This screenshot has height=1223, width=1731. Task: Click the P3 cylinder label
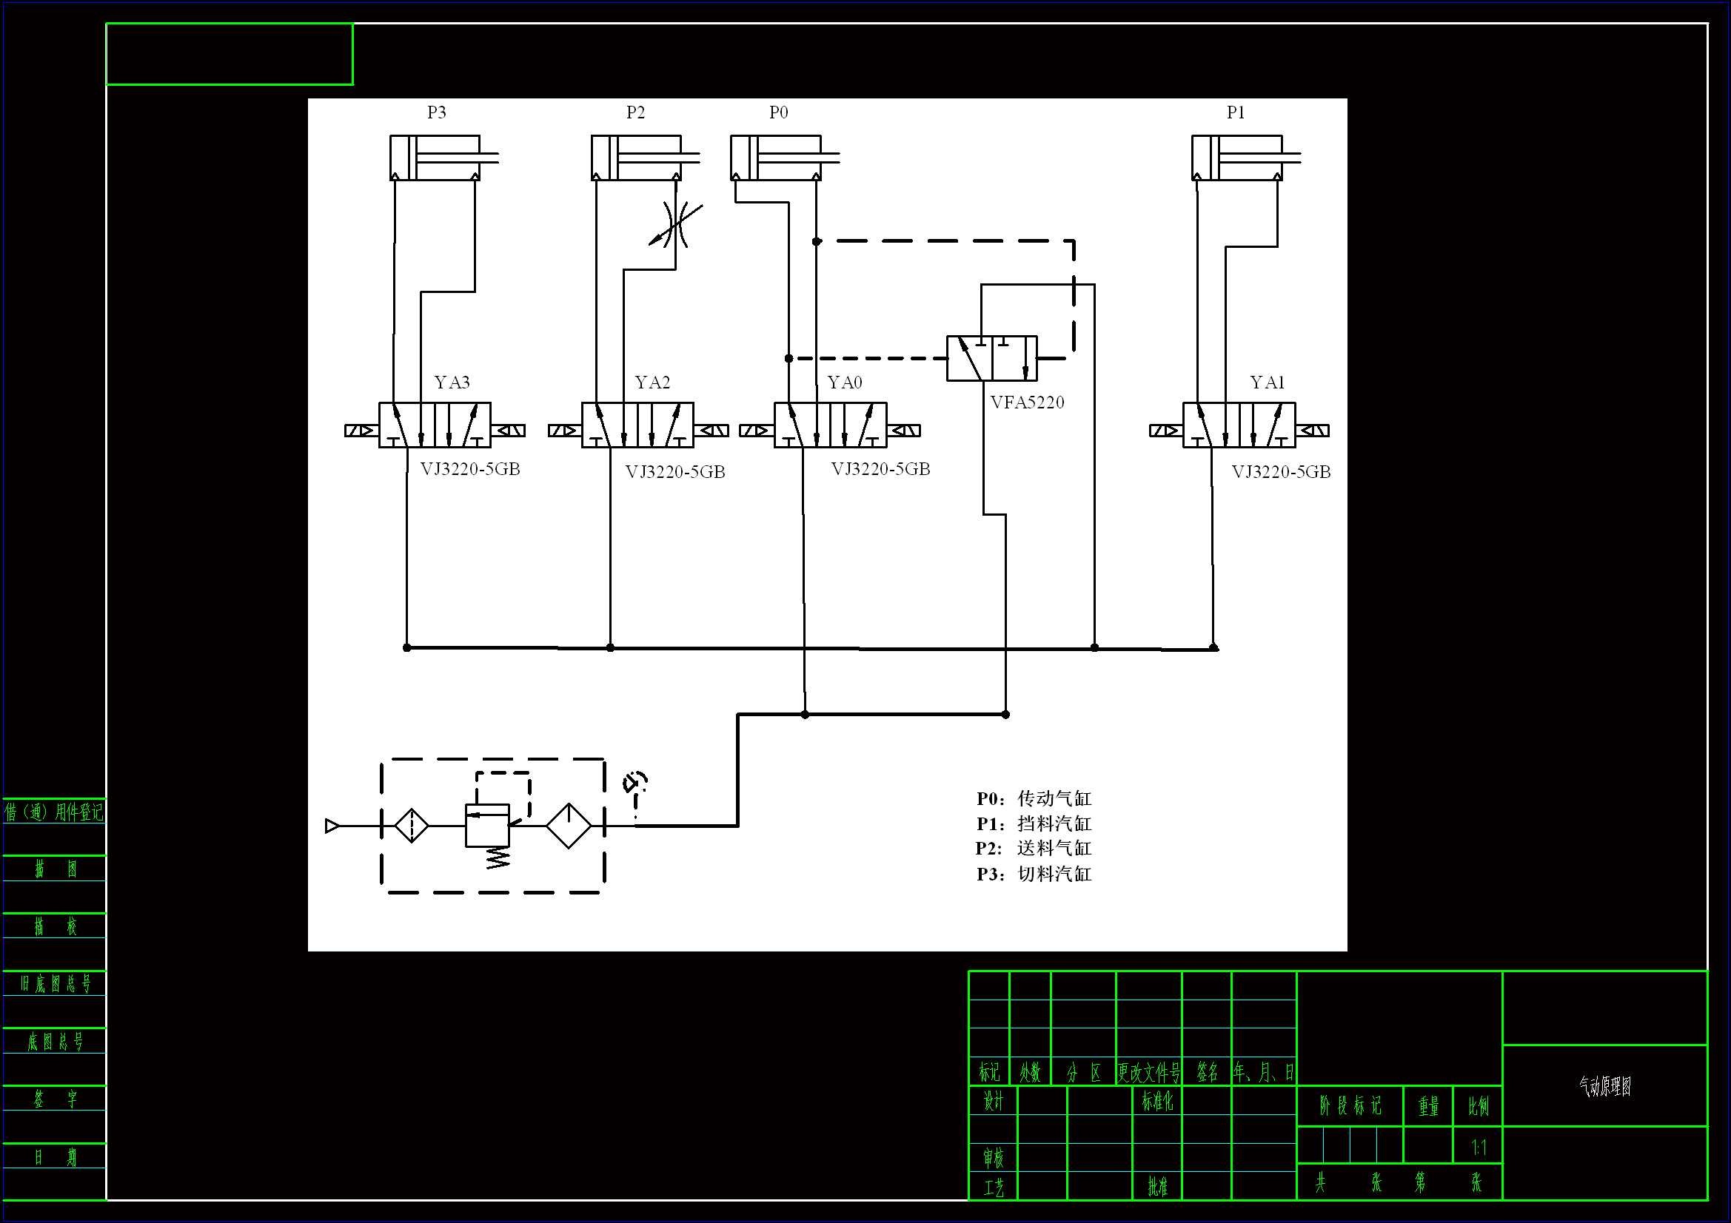(x=437, y=113)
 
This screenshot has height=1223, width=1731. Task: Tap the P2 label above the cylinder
(x=635, y=113)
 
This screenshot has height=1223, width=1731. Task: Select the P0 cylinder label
(x=778, y=113)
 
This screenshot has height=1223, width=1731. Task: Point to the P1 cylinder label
(x=1236, y=113)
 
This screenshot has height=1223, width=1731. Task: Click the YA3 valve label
(x=452, y=383)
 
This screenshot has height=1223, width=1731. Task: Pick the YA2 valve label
(x=652, y=383)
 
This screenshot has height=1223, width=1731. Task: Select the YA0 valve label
(x=844, y=383)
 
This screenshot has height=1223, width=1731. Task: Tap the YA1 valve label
(x=1267, y=383)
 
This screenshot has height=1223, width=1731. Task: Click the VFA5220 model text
(x=1027, y=402)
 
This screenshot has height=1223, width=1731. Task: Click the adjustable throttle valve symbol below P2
(x=675, y=223)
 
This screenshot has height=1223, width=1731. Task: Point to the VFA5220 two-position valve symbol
(x=991, y=359)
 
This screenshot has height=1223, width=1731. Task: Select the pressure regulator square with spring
(x=487, y=826)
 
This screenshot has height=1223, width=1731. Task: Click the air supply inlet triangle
(x=332, y=826)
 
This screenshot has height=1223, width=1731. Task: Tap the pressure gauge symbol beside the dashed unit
(x=635, y=783)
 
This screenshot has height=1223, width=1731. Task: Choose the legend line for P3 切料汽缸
(x=1034, y=874)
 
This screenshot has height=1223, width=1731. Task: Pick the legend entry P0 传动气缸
(x=1034, y=799)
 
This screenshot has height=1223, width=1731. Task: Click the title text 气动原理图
(x=1604, y=1086)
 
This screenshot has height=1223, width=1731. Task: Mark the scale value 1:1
(x=1479, y=1148)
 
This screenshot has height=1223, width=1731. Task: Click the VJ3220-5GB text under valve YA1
(x=1281, y=473)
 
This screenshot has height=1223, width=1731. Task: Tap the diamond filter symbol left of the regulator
(x=412, y=826)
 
